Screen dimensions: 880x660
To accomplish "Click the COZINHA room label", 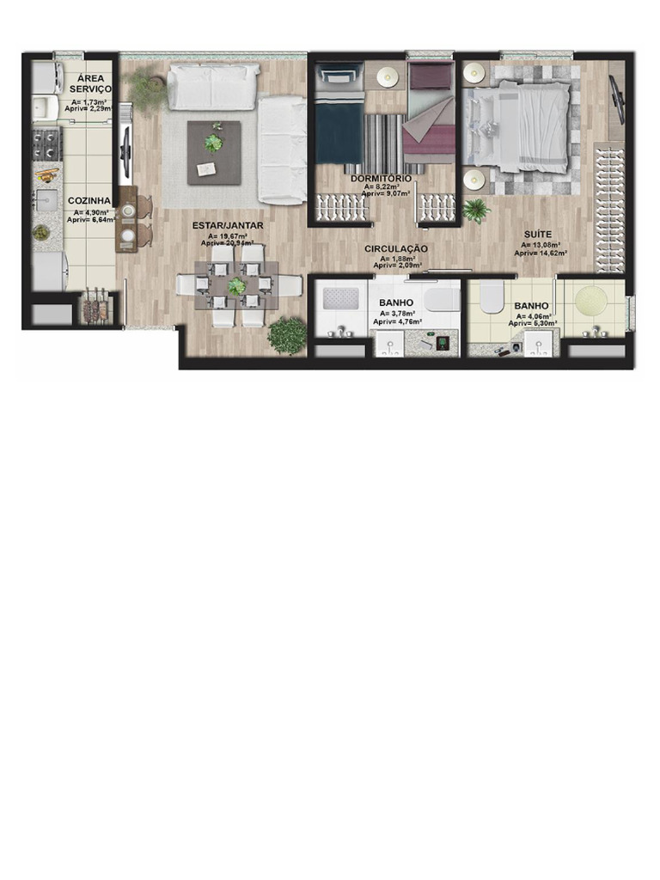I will click(x=89, y=201).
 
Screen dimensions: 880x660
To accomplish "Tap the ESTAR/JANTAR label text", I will click(x=227, y=225).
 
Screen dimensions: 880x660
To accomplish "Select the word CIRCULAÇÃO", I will click(x=395, y=248).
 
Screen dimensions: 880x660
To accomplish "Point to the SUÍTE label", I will click(x=538, y=234).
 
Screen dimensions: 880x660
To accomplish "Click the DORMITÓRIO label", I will click(x=381, y=177).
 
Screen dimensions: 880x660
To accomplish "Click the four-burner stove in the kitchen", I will click(x=46, y=145).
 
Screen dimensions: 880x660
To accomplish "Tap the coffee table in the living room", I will click(x=214, y=153).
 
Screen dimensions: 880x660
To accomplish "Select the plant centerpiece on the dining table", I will click(x=235, y=286).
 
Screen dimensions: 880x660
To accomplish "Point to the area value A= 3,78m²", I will click(x=396, y=314).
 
